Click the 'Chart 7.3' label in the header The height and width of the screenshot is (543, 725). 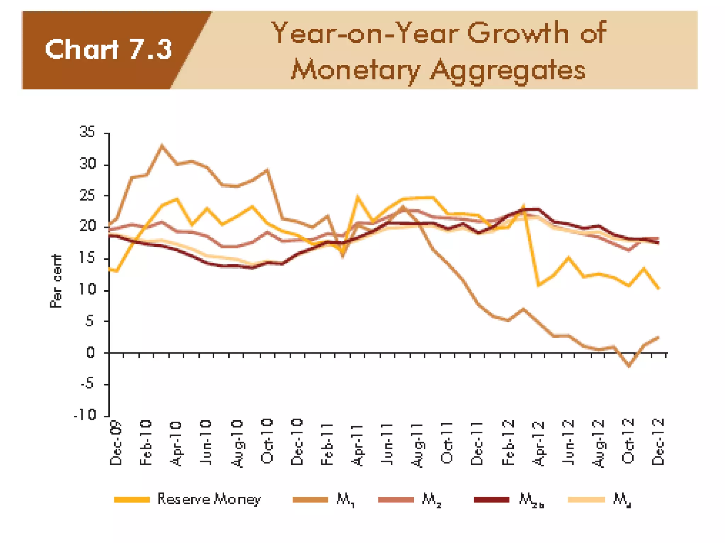108,49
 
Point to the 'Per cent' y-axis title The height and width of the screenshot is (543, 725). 56,281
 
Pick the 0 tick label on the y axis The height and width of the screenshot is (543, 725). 91,352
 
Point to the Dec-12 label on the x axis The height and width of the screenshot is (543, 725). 658,442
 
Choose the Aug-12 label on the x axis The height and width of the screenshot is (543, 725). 599,444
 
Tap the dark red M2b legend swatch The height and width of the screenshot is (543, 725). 491,500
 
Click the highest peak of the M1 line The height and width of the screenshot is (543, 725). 162,145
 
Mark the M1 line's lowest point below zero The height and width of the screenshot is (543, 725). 629,366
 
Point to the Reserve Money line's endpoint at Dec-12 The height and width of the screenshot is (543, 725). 658,288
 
